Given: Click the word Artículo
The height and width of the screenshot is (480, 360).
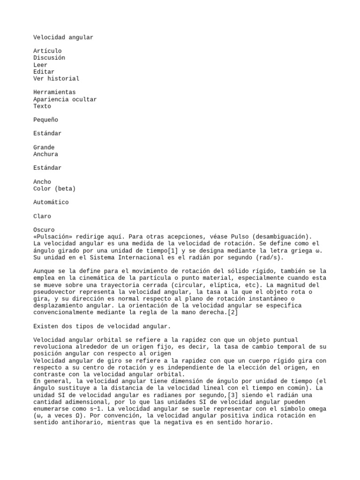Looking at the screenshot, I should pyautogui.click(x=47, y=51).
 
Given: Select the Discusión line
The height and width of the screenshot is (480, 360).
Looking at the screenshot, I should pyautogui.click(x=49, y=58).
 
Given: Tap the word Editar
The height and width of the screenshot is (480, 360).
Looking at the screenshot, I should pyautogui.click(x=44, y=72).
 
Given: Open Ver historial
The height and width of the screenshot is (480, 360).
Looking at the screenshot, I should pyautogui.click(x=56, y=79).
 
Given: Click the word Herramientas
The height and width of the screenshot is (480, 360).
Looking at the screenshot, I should pyautogui.click(x=54, y=92).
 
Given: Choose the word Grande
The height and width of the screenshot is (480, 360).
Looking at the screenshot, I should pyautogui.click(x=44, y=147).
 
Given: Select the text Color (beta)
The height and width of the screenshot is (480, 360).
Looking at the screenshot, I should pyautogui.click(x=54, y=188).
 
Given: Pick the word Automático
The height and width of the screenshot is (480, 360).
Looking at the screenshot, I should pyautogui.click(x=51, y=202).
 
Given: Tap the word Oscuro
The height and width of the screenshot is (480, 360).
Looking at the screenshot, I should pyautogui.click(x=44, y=230).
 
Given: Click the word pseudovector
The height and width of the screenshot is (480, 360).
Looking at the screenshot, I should pyautogui.click(x=54, y=292).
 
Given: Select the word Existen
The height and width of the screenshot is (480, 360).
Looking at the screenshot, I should pyautogui.click(x=46, y=326).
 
